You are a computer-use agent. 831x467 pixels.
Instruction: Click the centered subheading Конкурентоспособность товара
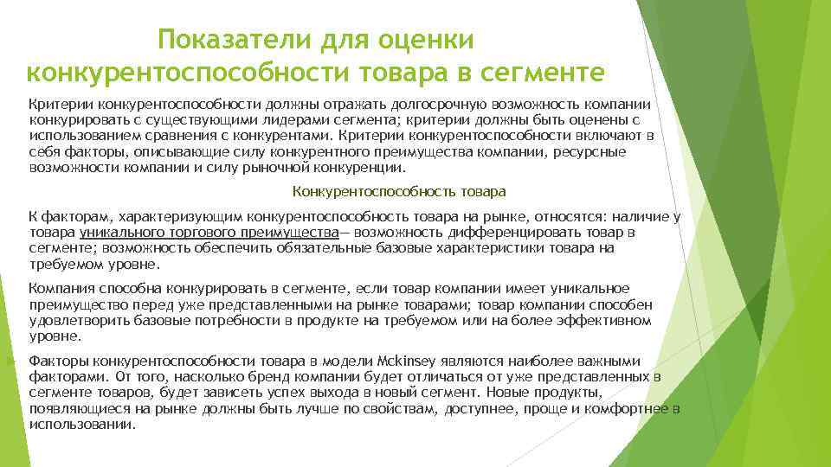399,191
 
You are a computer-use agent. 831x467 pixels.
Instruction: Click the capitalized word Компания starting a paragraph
62,288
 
